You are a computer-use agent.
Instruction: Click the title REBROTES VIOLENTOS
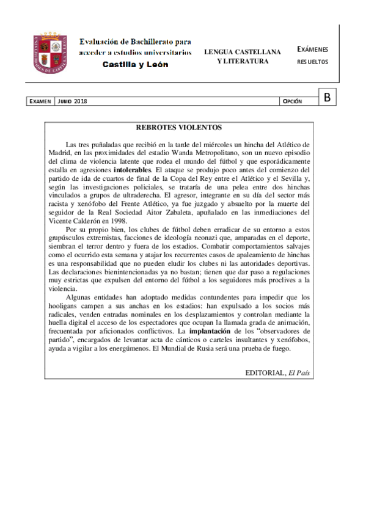178,128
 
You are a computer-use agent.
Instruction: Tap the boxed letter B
328,97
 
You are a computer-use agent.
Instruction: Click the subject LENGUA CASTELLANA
242,52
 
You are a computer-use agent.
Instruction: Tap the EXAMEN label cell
40,101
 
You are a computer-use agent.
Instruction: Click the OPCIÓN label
292,101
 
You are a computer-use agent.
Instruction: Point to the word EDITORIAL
265,373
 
